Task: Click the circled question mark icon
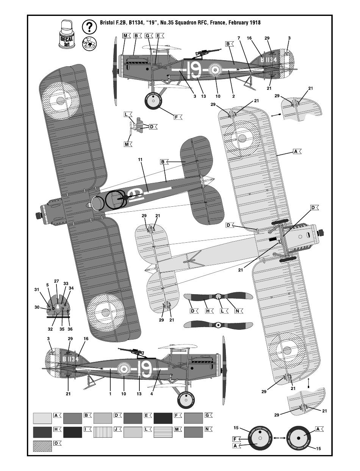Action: [x=89, y=27]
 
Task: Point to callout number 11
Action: [x=141, y=160]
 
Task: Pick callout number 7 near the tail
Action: [x=239, y=38]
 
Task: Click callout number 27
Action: [x=56, y=281]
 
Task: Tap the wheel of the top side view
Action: [x=153, y=100]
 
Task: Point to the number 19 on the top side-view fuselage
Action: [x=194, y=70]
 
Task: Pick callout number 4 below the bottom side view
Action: [x=152, y=394]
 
